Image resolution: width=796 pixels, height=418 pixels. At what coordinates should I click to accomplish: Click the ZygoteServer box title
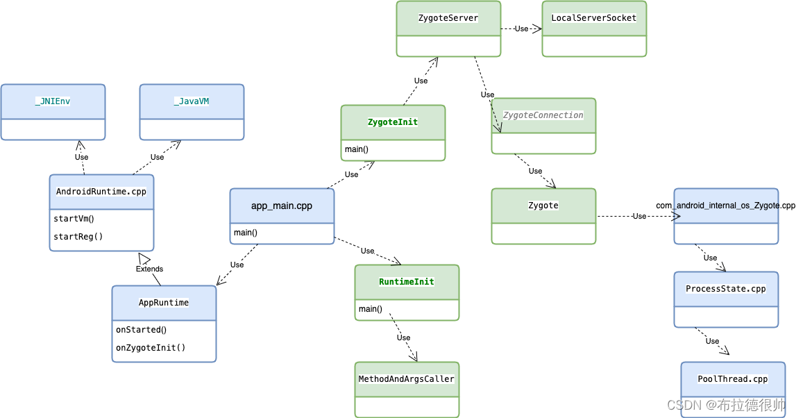[x=448, y=18]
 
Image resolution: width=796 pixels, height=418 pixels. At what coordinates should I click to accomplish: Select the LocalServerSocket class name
[x=593, y=18]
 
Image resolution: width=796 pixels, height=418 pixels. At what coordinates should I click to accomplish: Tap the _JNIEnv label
[x=53, y=101]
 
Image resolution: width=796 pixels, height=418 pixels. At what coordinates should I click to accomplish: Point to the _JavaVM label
[x=192, y=101]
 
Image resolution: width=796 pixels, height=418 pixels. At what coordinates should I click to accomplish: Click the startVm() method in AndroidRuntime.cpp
[x=74, y=219]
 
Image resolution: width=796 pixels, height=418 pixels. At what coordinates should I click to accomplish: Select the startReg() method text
[x=78, y=237]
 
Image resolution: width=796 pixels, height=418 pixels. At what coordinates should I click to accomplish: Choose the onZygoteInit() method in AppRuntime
[x=151, y=348]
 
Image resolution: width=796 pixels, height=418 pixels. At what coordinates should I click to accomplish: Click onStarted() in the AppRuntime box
[x=142, y=330]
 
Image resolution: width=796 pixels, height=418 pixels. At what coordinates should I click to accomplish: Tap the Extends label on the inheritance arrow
[x=149, y=269]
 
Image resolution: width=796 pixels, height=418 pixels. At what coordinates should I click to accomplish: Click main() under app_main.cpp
[x=246, y=233]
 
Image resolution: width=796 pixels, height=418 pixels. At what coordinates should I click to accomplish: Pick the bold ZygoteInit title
[x=393, y=122]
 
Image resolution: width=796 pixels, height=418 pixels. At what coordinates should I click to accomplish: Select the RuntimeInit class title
[x=407, y=282]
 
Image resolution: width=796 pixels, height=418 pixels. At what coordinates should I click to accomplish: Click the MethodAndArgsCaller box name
[x=407, y=379]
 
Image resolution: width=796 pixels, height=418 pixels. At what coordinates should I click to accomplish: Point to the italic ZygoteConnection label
[x=543, y=115]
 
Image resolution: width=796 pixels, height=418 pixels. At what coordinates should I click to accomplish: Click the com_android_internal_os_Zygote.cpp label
[x=725, y=206]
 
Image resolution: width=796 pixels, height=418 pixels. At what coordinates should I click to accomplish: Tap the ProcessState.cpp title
[x=726, y=289]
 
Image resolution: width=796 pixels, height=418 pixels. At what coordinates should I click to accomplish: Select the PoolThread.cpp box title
[x=733, y=379]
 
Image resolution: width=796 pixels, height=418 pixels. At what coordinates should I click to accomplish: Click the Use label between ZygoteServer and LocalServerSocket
[x=521, y=28]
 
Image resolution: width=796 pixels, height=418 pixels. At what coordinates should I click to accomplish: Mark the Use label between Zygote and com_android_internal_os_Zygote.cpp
[x=639, y=216]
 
